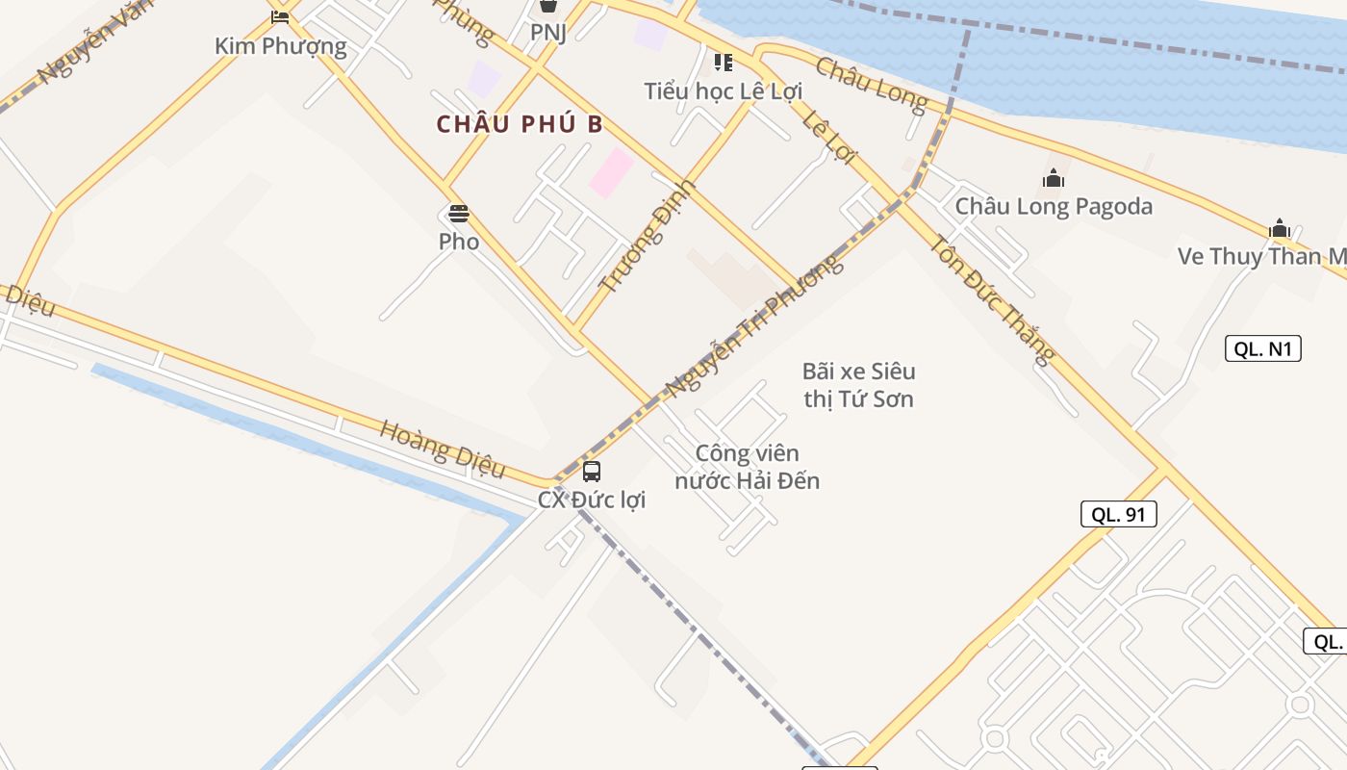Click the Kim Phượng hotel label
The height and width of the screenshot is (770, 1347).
pos(280,45)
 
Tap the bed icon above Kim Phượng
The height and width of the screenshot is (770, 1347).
pos(280,16)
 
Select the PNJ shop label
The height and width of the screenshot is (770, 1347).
pos(548,33)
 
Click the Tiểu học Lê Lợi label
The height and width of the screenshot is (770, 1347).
pos(724,91)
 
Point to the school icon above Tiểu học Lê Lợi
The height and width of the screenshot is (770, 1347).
pos(724,63)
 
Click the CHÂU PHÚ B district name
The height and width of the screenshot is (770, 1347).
pos(520,124)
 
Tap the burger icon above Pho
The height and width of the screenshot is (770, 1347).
pos(459,213)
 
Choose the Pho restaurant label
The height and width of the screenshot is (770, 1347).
pos(459,242)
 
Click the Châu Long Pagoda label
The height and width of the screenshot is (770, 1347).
pos(1054,206)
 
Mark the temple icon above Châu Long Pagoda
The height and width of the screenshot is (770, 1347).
pos(1054,178)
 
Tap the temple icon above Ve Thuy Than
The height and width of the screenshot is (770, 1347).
pos(1279,228)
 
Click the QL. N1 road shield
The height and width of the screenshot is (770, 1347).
pos(1262,348)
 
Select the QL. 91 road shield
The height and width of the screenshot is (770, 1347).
pos(1118,514)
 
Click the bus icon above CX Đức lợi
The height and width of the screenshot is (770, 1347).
pos(592,472)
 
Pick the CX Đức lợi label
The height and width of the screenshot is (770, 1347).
pos(592,500)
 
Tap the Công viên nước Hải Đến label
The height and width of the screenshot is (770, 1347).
pos(748,467)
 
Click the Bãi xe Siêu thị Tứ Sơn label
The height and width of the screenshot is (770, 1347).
pos(859,385)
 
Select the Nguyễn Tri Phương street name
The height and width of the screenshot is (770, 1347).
pos(754,326)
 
